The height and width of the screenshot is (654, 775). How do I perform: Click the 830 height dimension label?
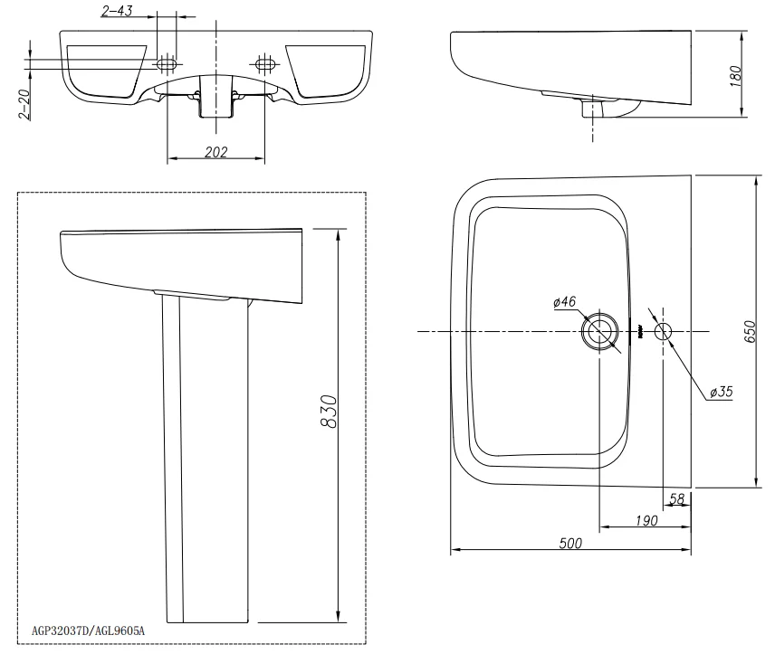[x=329, y=412]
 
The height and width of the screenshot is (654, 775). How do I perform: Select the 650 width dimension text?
[x=750, y=331]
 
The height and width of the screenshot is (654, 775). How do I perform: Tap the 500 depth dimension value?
[x=570, y=543]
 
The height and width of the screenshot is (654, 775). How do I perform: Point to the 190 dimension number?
[x=646, y=520]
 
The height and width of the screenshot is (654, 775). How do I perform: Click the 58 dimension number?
[x=676, y=499]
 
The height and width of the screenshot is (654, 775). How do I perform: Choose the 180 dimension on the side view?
[x=735, y=76]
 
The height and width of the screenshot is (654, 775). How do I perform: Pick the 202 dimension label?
[x=216, y=152]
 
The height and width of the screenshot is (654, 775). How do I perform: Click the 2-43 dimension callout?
[x=117, y=10]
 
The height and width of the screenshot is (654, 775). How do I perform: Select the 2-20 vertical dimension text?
[x=24, y=104]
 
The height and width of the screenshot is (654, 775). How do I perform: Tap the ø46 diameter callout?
[x=564, y=301]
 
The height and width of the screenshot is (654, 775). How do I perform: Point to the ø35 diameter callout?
[x=721, y=392]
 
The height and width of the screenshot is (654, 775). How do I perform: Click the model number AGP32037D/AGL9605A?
[x=88, y=630]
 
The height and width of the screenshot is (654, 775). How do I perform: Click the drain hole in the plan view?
[x=599, y=331]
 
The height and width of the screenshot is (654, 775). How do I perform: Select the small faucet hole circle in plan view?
[x=664, y=331]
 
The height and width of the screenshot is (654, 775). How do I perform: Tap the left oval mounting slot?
[x=166, y=64]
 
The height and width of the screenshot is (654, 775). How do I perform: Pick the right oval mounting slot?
[x=265, y=63]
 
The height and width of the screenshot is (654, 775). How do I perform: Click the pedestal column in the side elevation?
[x=206, y=460]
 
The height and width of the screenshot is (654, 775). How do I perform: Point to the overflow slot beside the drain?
[x=639, y=331]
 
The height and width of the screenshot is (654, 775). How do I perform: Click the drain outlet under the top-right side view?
[x=592, y=109]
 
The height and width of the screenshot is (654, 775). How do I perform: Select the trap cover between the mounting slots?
[x=216, y=97]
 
